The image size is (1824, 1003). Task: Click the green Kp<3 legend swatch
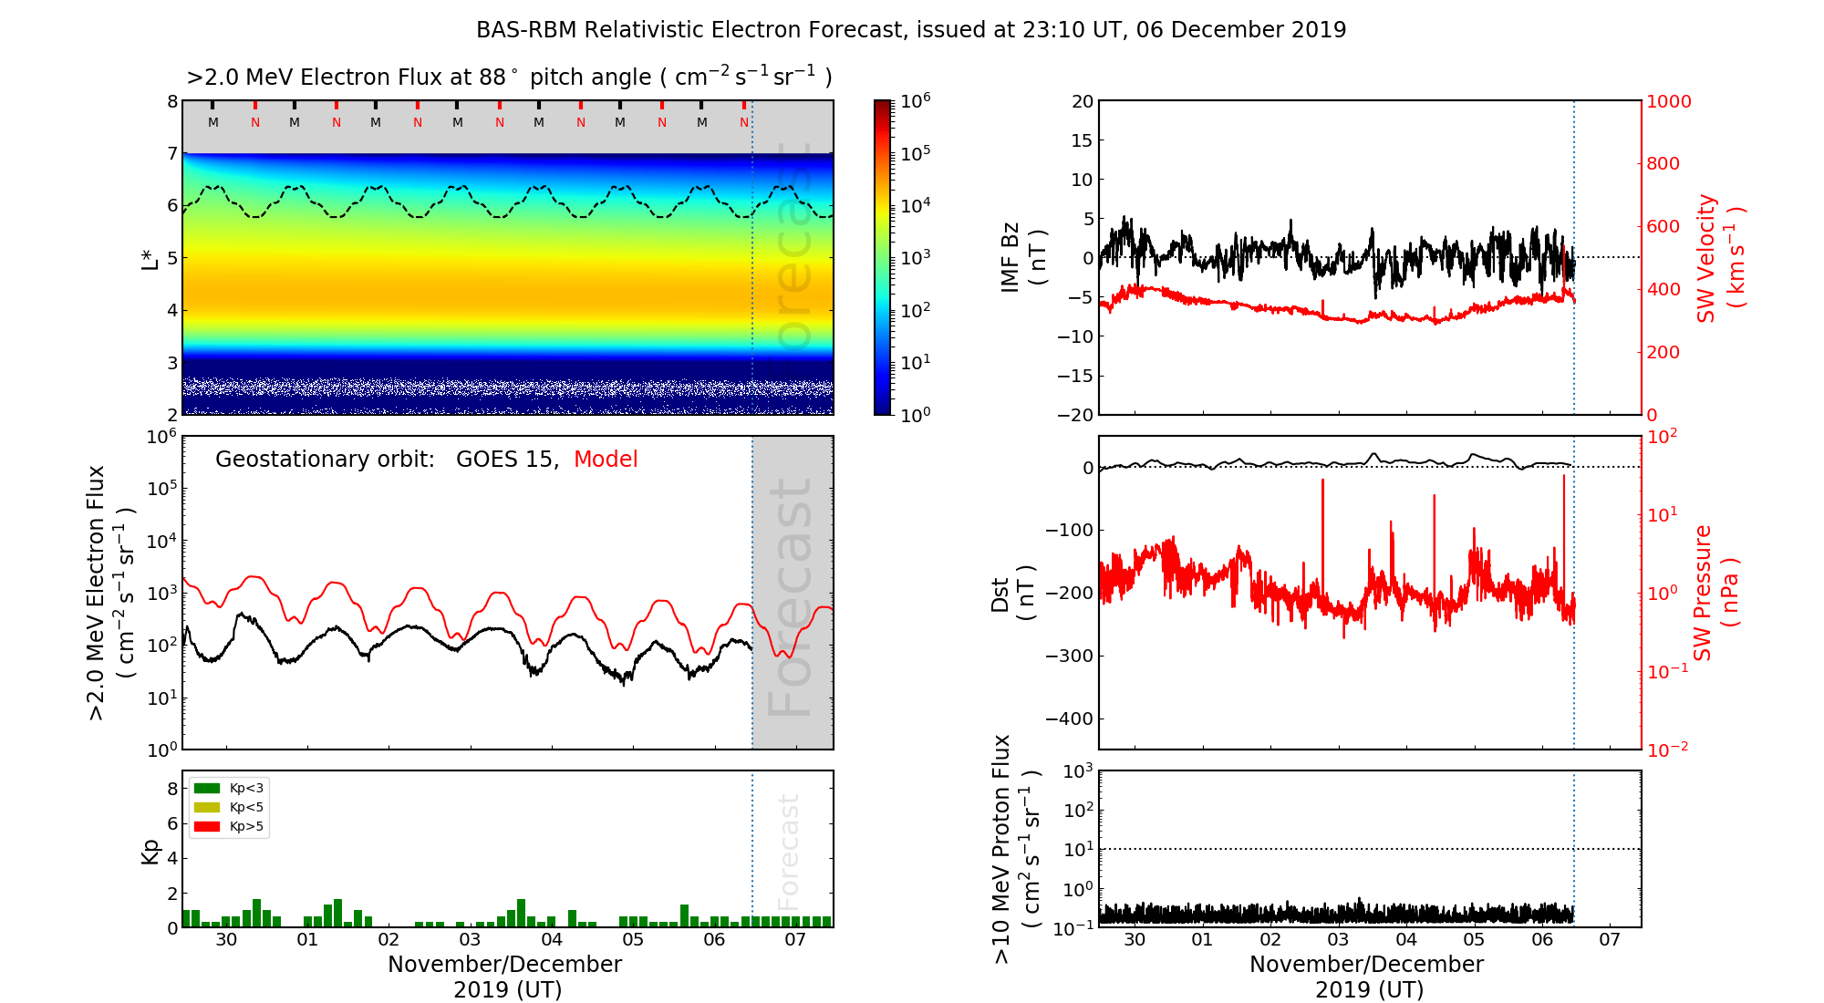207,788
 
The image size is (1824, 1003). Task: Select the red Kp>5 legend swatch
207,827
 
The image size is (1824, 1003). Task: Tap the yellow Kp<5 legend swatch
207,807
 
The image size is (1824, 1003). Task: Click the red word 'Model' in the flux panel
606,460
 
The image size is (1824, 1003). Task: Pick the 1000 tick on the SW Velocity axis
1668,102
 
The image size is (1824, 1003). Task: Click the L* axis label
150,258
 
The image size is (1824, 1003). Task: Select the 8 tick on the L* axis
171,102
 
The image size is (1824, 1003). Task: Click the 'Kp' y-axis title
150,851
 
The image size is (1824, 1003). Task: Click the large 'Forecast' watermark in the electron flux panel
790,596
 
